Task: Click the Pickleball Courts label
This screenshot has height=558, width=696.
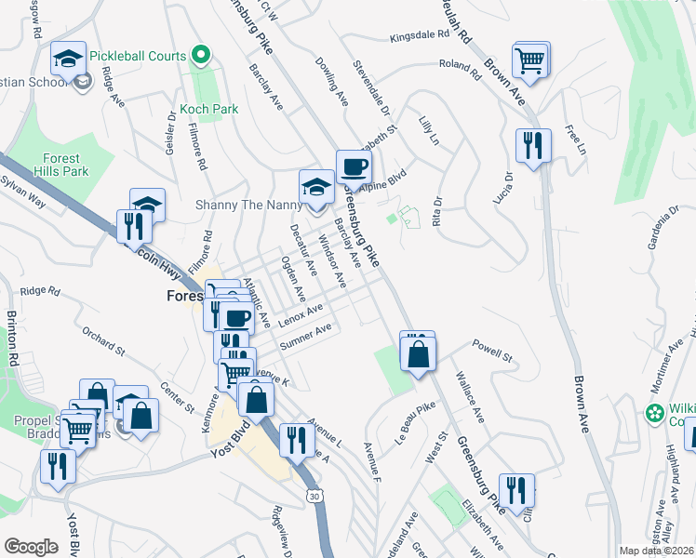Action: (138, 56)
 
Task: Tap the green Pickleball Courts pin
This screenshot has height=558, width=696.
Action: (198, 55)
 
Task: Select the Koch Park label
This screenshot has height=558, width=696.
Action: (210, 109)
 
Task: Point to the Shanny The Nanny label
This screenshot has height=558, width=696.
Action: (239, 205)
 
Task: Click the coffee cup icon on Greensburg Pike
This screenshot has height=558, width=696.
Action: (354, 168)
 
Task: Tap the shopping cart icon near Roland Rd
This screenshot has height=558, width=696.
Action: (530, 61)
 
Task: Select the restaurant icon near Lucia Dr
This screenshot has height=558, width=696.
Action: (533, 146)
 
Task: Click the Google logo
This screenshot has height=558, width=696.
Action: (30, 546)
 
